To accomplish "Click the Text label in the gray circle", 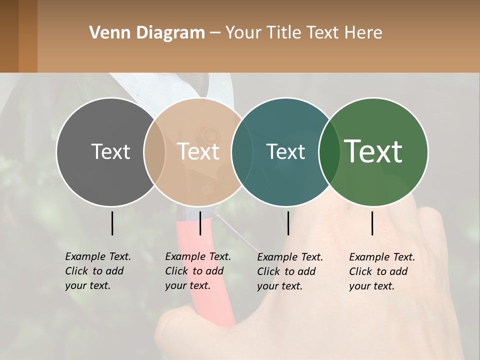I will coord(110,151).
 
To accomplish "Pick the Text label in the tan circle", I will coord(198,151).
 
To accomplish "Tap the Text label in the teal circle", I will coord(285,151).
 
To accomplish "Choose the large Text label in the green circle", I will coord(373,151).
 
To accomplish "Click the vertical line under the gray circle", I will coord(112,223).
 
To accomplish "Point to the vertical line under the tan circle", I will coord(200,223).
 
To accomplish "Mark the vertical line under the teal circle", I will coord(288,223).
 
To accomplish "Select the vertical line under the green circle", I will coord(372,223).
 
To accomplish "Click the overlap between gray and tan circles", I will coord(154,151).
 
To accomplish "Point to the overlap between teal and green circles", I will coord(328,151).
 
